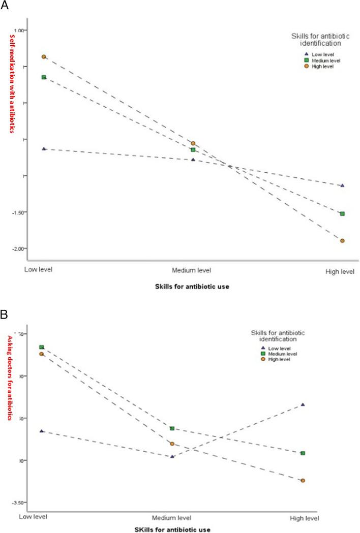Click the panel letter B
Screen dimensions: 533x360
4,314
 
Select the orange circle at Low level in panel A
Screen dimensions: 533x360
44,57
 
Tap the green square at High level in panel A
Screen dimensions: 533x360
343,214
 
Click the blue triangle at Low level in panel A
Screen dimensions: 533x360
44,149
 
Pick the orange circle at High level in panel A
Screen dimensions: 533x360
343,241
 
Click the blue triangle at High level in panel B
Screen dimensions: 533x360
303,404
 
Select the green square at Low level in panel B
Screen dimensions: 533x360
42,347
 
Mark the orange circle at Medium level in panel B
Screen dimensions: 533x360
172,444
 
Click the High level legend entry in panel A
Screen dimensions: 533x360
320,67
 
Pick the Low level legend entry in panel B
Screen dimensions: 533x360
275,348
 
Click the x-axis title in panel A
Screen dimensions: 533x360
192,287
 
